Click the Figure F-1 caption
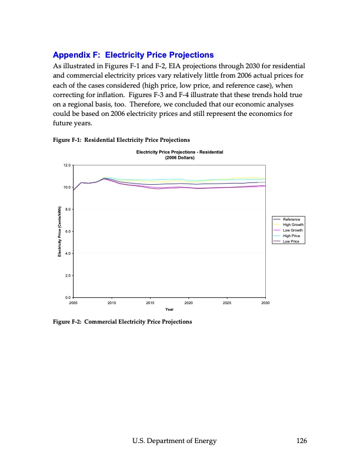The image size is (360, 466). (121, 140)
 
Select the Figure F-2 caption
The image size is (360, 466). (122, 322)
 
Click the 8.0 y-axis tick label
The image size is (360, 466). (68, 209)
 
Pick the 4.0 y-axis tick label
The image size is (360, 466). (68, 254)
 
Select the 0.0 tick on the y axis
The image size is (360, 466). (68, 298)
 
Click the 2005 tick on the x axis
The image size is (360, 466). (74, 302)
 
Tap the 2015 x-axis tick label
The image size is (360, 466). (150, 302)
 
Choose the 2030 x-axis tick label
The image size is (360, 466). (265, 302)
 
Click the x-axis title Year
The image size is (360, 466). (169, 309)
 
